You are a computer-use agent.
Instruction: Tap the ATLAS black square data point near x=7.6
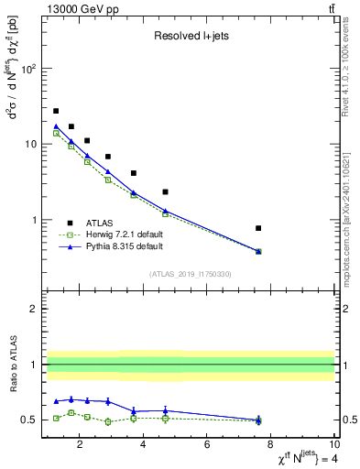pyautogui.click(x=258, y=228)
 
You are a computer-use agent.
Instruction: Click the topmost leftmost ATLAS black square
pyautogui.click(x=56, y=111)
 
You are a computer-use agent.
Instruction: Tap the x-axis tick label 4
pyautogui.click(x=143, y=446)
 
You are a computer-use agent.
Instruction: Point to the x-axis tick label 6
pyautogui.click(x=207, y=446)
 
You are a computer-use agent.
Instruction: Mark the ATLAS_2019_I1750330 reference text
pyautogui.click(x=190, y=274)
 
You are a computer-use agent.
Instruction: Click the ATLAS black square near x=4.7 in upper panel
pyautogui.click(x=165, y=191)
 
